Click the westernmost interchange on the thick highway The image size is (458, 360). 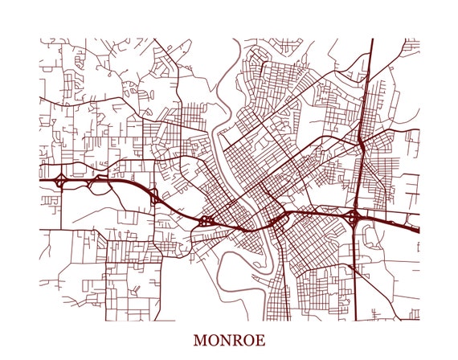click(x=60, y=180)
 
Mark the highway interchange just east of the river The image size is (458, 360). click(x=277, y=219)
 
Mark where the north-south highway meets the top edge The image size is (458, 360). click(x=373, y=39)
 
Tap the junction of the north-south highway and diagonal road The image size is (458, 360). click(x=362, y=144)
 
